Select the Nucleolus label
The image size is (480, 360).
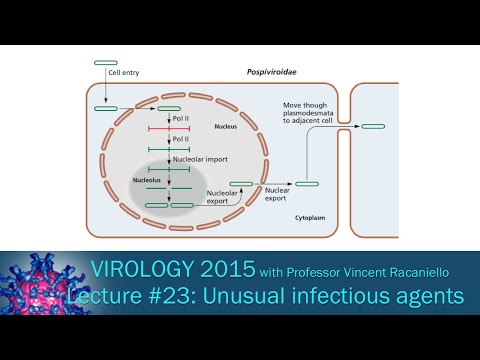point(147,180)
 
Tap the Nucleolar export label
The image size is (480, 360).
point(221,196)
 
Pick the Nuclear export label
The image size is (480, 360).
point(276,193)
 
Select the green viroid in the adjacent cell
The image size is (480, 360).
point(373,126)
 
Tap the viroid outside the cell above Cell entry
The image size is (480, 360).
point(105,63)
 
